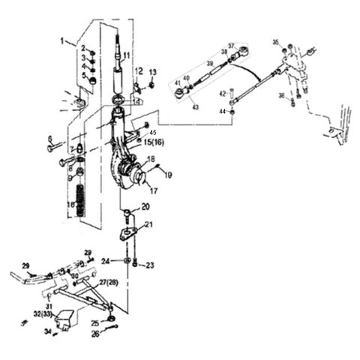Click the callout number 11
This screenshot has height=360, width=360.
127,56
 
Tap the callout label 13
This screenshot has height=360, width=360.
151,72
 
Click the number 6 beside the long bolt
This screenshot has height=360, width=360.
49,139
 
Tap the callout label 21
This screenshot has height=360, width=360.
148,224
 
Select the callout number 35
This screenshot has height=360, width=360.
275,42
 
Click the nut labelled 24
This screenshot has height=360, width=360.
124,261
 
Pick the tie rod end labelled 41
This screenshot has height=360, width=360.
179,92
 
